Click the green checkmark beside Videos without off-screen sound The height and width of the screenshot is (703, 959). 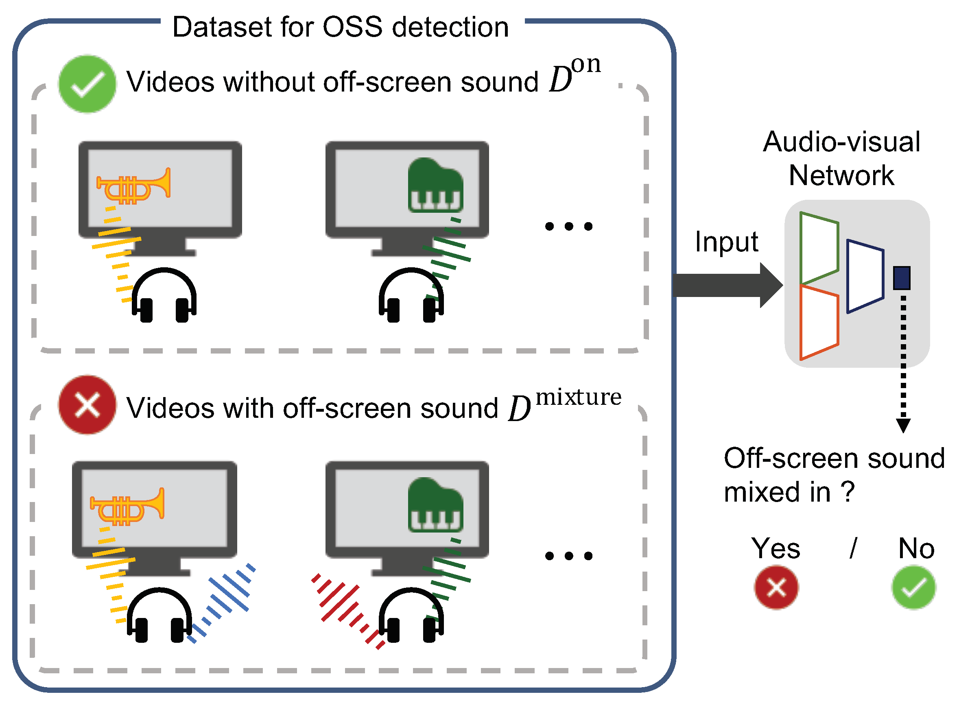click(x=87, y=84)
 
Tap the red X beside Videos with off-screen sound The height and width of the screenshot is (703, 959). click(x=87, y=405)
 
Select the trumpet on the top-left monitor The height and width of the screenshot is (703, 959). click(x=133, y=186)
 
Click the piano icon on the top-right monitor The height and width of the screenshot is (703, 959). click(x=435, y=186)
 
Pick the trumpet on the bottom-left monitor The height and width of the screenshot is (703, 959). click(x=127, y=507)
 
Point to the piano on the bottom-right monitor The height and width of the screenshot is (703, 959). click(x=435, y=505)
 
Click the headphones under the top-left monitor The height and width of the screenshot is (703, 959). click(x=164, y=295)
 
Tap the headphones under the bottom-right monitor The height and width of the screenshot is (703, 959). click(x=411, y=616)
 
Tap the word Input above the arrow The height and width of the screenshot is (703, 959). click(x=726, y=242)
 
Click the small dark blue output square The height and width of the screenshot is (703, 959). click(x=901, y=278)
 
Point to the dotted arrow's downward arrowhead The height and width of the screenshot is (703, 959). click(x=903, y=425)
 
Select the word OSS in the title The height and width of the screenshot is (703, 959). click(x=353, y=27)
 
